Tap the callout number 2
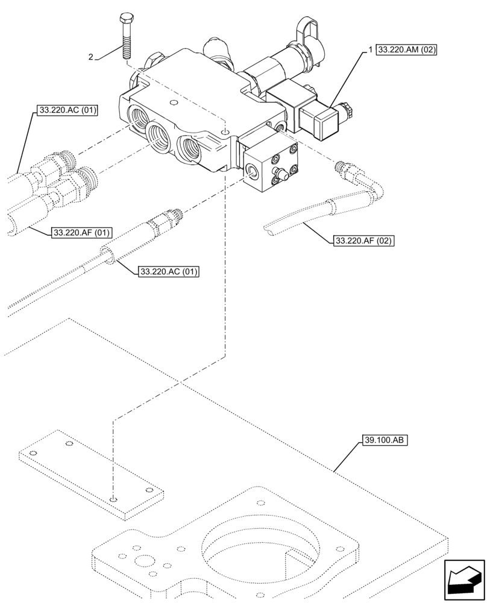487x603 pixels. (x=90, y=57)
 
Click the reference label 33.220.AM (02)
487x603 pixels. (x=407, y=51)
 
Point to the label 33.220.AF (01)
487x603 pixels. (x=82, y=232)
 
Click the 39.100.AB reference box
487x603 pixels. (x=386, y=441)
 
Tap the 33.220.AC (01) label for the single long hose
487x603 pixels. (x=169, y=271)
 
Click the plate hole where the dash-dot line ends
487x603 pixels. (x=113, y=499)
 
